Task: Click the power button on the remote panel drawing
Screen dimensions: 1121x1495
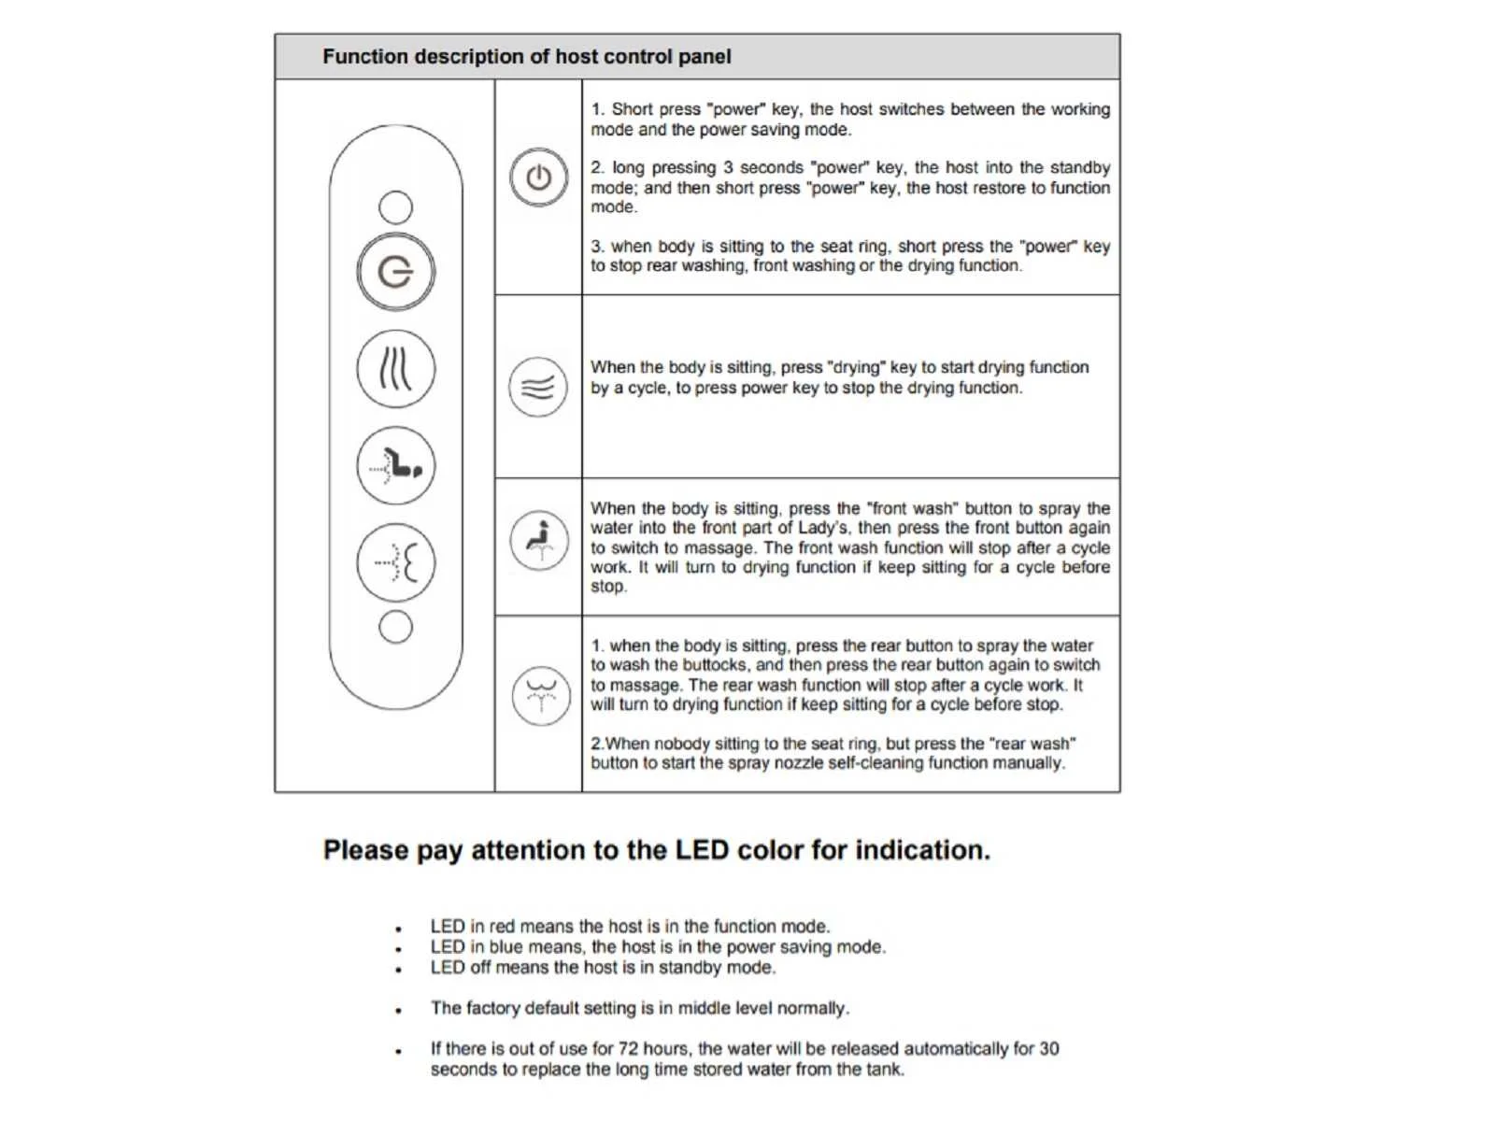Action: [396, 272]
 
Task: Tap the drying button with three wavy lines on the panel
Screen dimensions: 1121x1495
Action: [396, 369]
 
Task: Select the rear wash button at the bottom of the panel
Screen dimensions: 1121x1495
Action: [396, 562]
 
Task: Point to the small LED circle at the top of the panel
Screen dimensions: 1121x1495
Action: [396, 206]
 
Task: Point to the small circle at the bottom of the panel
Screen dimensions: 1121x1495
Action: [396, 627]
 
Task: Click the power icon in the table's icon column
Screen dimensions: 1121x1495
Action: [539, 177]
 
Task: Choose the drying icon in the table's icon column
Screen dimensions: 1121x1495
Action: [538, 387]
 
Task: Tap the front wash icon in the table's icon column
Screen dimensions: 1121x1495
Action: [539, 540]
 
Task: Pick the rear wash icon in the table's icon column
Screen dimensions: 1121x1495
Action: [541, 696]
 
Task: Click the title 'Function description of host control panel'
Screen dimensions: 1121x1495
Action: [527, 57]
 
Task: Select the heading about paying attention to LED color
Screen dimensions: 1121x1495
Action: [656, 850]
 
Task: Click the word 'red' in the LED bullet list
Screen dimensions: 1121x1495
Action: [502, 927]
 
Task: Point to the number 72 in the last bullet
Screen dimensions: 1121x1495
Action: [629, 1049]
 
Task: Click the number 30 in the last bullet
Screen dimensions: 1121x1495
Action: [1048, 1049]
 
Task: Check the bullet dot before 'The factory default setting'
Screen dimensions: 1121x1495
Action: [399, 1010]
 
